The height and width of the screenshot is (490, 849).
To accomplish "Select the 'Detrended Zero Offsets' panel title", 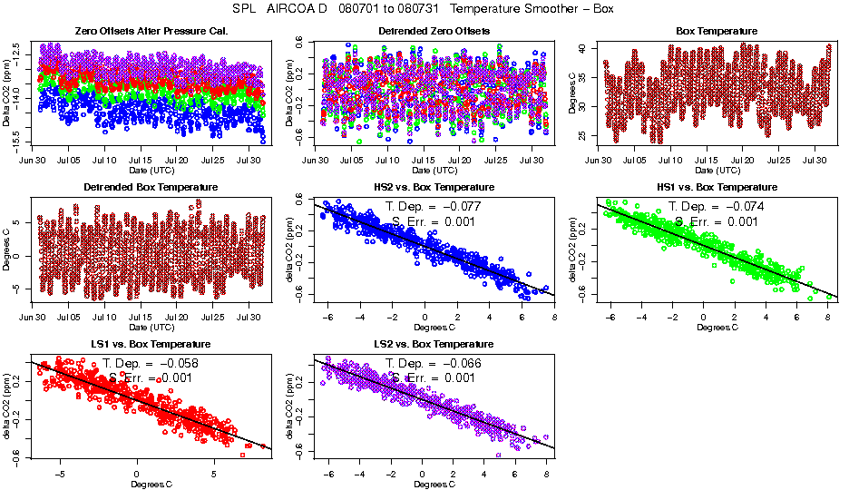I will click(x=434, y=32).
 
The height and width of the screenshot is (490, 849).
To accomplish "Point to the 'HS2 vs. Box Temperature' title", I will click(x=434, y=188).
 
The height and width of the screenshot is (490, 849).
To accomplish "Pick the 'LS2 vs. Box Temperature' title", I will click(x=434, y=345).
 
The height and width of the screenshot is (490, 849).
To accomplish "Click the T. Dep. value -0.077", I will click(x=464, y=206).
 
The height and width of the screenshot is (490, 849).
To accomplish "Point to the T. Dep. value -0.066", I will click(x=464, y=363).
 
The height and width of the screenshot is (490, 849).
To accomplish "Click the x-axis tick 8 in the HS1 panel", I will click(x=828, y=317).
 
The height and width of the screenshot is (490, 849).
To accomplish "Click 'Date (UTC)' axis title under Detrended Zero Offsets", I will click(x=434, y=171).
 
